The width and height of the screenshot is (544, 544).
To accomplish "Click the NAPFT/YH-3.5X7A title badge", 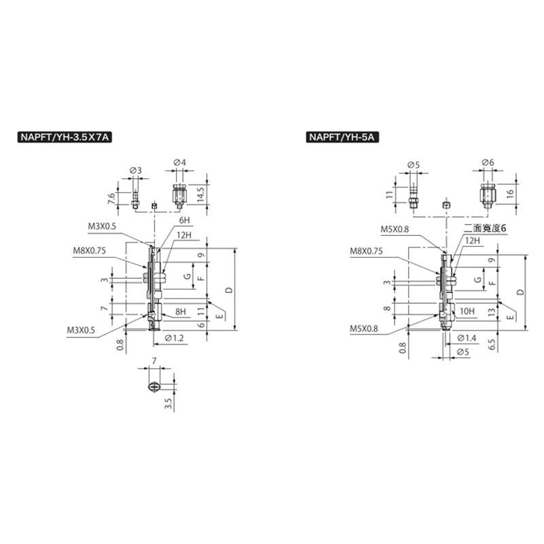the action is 65,137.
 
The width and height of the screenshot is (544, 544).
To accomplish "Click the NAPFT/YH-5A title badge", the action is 342,137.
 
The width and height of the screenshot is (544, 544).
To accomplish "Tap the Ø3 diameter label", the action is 135,171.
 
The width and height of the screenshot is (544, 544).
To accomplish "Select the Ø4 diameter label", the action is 180,162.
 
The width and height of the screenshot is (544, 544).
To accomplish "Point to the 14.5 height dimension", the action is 200,193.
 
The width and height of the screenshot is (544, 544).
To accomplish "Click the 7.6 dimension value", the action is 112,199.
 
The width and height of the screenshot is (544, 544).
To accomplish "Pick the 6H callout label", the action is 184,220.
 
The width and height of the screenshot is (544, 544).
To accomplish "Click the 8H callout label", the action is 180,311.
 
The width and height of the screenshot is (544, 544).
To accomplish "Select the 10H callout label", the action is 467,311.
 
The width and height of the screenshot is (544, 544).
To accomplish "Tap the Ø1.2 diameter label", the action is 174,338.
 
